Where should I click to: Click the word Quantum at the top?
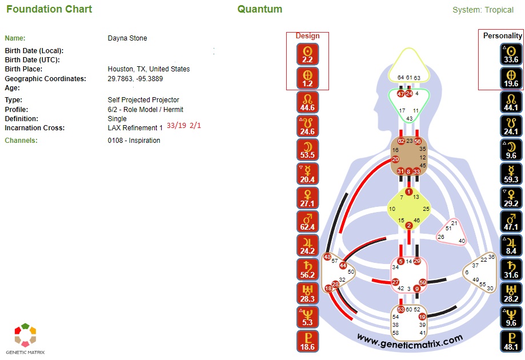click(x=259, y=9)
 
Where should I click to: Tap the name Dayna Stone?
click(x=127, y=38)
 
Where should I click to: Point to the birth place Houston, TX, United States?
click(x=149, y=69)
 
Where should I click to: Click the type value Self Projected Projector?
click(x=143, y=100)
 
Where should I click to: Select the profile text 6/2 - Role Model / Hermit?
click(x=146, y=109)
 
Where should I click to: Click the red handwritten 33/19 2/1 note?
click(x=184, y=126)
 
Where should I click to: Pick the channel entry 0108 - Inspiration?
click(x=134, y=140)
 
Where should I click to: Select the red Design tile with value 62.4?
click(x=307, y=222)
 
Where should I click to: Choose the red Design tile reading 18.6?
click(x=307, y=341)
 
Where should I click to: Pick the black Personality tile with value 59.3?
click(x=511, y=174)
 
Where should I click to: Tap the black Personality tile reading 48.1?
click(x=511, y=341)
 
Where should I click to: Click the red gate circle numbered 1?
click(x=408, y=191)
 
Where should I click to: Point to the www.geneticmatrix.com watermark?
click(x=410, y=339)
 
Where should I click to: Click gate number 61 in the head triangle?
click(x=408, y=77)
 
